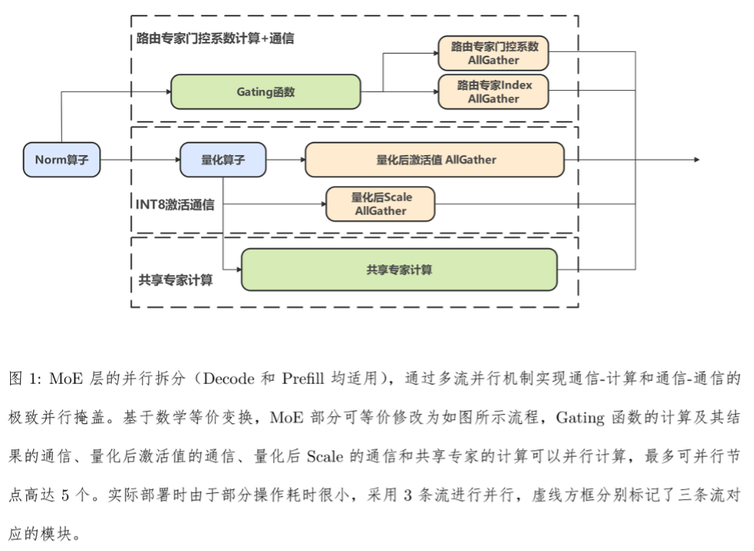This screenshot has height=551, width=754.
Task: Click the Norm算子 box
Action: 62,160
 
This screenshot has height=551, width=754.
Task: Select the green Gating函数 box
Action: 265,91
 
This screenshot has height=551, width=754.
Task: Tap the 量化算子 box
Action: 223,160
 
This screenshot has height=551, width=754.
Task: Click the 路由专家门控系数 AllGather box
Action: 493,53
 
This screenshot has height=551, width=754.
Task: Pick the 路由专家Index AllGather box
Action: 493,91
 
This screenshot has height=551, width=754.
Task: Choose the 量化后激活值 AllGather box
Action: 434,160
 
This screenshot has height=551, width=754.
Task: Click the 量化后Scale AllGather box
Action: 380,204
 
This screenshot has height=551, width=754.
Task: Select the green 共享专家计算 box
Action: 399,270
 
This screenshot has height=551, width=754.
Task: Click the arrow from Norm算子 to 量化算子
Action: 140,160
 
